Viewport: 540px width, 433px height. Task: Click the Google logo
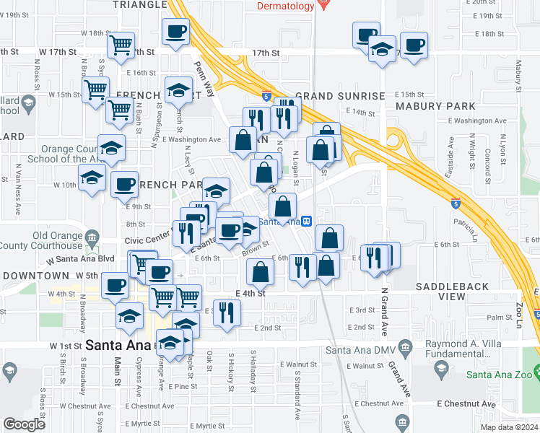pos(25,424)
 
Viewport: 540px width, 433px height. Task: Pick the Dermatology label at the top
pos(286,6)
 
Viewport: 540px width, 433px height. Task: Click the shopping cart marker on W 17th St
pos(120,45)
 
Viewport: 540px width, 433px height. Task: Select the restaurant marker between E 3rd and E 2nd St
pos(227,312)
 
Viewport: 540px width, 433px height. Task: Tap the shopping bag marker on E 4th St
pos(260,272)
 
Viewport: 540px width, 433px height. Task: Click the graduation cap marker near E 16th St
pos(178,89)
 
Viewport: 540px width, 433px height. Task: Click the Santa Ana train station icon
pos(306,221)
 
